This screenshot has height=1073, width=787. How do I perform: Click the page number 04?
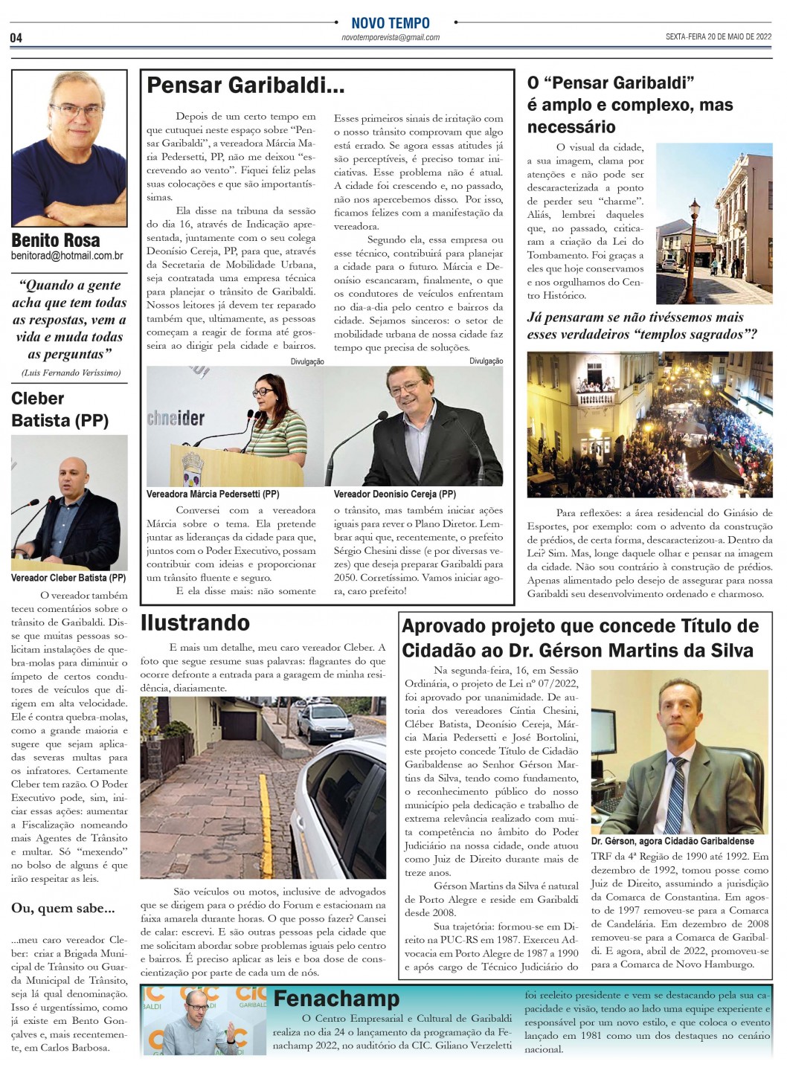[x=16, y=38]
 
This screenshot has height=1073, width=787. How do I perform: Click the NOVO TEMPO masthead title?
[x=390, y=23]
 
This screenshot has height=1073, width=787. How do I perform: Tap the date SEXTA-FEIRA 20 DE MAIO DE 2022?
[x=718, y=36]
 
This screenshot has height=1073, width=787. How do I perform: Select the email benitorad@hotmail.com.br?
[x=67, y=256]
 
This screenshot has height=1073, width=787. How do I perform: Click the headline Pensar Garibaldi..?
[x=245, y=86]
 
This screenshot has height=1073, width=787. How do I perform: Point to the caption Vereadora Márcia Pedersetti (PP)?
[x=213, y=494]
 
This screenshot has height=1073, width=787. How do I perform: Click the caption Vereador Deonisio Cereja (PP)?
[x=394, y=494]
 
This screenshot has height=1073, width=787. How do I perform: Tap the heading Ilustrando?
[x=195, y=622]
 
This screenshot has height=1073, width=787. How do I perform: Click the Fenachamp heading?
[x=336, y=998]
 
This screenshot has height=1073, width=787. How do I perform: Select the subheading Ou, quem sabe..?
[x=63, y=908]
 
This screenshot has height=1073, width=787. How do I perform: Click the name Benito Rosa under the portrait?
[x=56, y=240]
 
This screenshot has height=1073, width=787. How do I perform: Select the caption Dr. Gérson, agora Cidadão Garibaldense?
[x=672, y=841]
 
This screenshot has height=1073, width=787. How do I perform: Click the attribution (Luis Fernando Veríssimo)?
[x=71, y=373]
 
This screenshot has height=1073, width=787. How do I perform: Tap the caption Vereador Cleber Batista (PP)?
[x=68, y=578]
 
